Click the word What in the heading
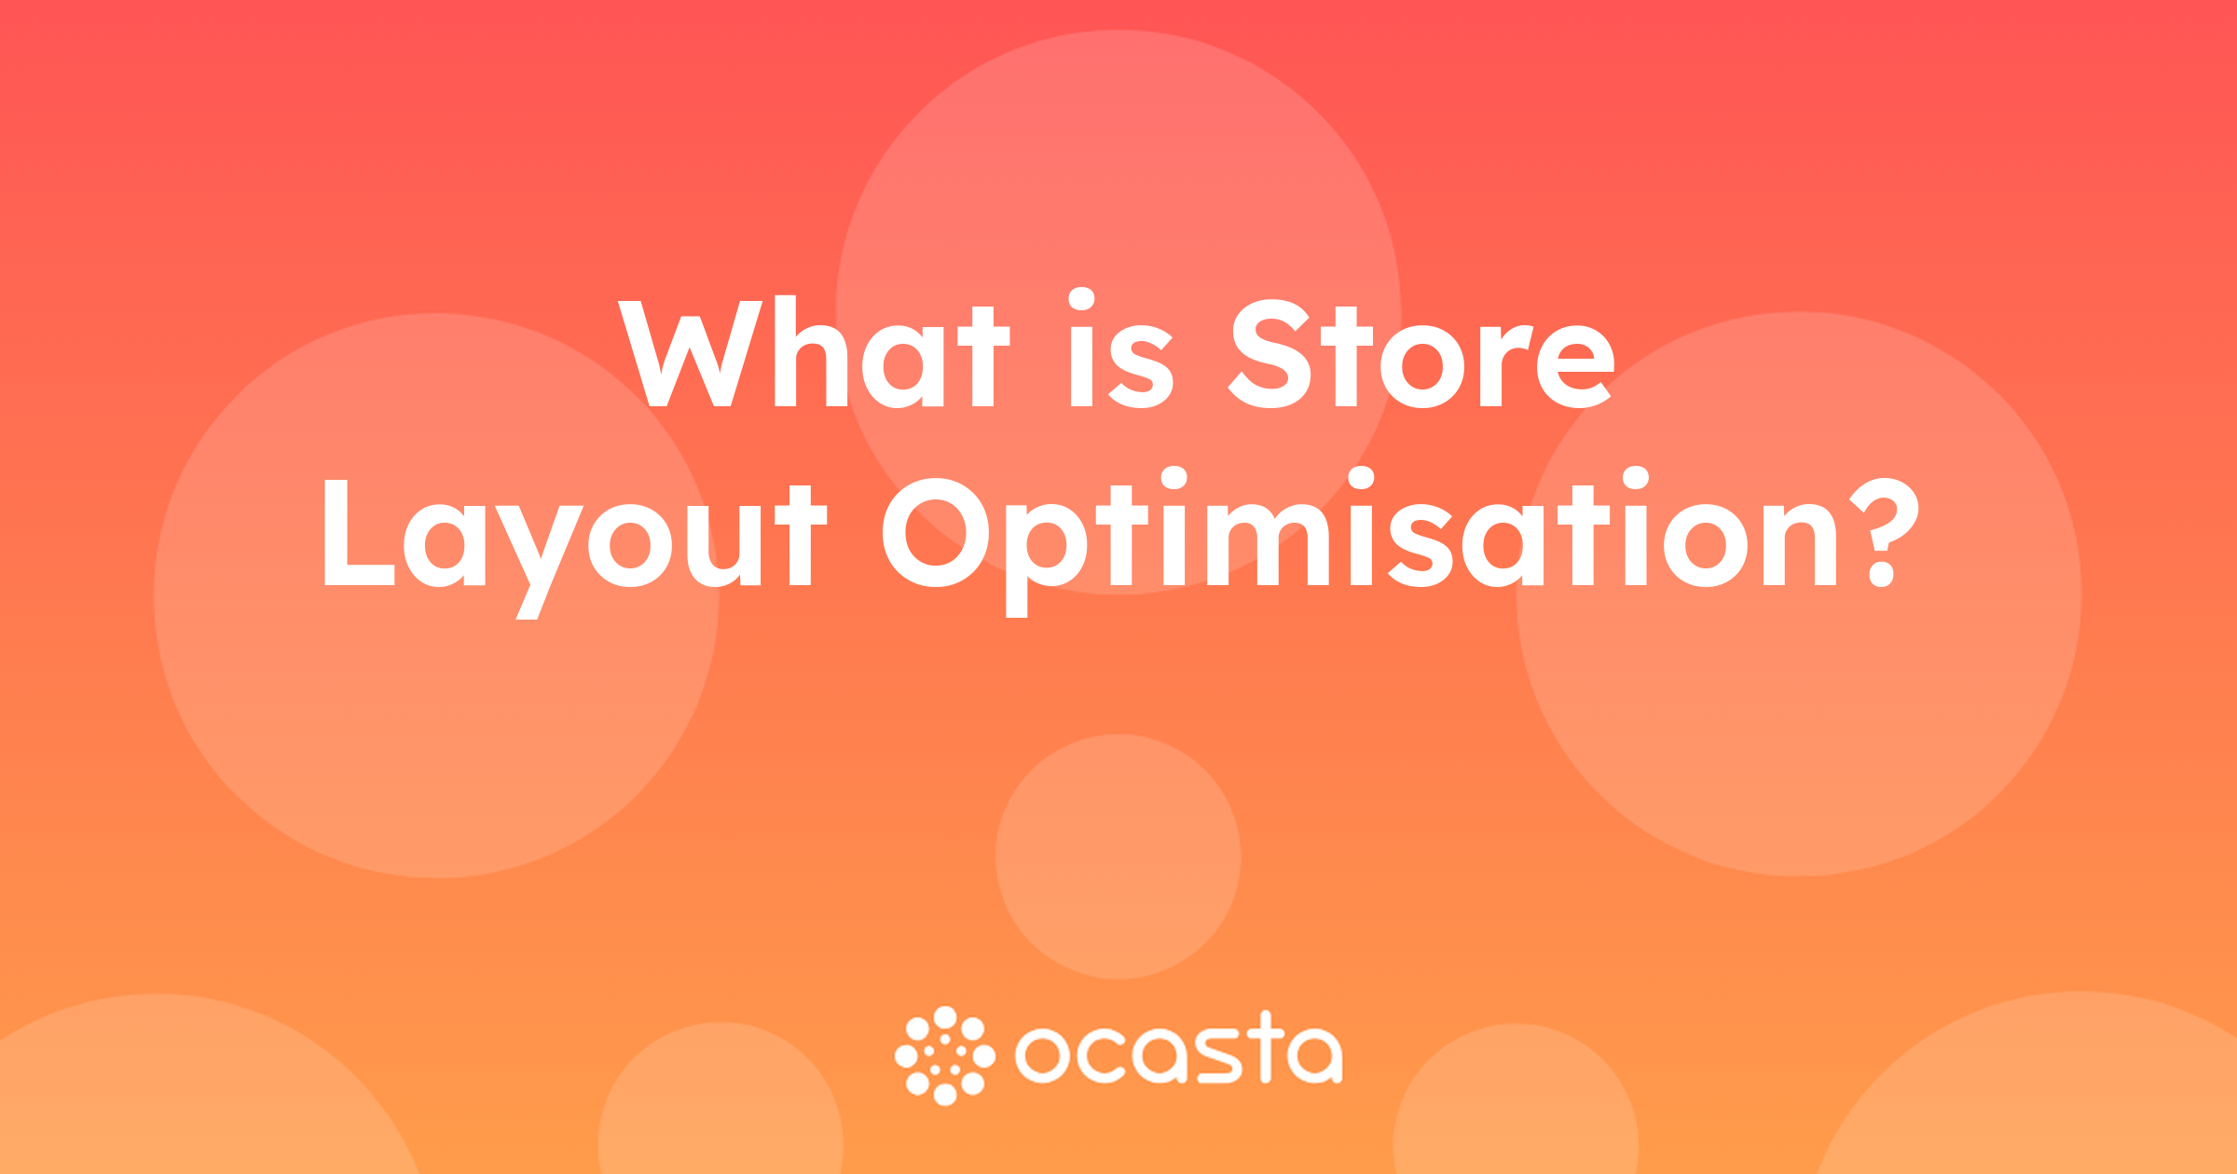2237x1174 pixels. tap(814, 352)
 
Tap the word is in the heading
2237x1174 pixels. tap(1121, 348)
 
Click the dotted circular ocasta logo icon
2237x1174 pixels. tap(945, 1056)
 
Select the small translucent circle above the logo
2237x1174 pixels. tap(1118, 856)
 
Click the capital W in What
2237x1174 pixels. tap(691, 353)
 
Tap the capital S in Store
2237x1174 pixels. tap(1269, 354)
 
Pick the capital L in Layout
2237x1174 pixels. tap(359, 533)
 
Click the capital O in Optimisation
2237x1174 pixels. tap(936, 532)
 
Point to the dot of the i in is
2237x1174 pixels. tap(1081, 299)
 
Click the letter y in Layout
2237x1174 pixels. tap(538, 562)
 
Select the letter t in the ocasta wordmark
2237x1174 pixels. tap(1266, 1046)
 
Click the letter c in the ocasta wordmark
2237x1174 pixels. tap(1104, 1056)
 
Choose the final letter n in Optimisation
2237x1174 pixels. tap(1798, 544)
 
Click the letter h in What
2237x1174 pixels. tap(811, 352)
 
